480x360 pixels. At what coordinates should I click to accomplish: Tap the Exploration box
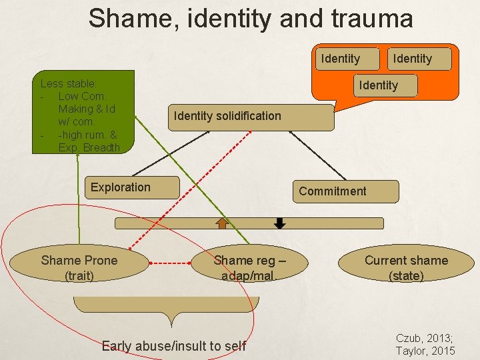click(134, 187)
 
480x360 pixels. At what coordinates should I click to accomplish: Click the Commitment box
click(345, 191)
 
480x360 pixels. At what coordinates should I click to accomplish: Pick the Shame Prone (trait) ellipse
click(79, 267)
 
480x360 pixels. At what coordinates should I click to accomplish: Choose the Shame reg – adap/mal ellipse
click(249, 267)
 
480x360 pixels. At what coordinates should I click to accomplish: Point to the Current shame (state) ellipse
click(406, 267)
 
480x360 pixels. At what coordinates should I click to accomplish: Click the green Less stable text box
click(86, 112)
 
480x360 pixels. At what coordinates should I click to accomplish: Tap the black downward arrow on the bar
click(280, 223)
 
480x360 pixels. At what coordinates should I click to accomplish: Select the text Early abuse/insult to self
click(173, 345)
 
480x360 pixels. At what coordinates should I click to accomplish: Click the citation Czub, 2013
click(425, 338)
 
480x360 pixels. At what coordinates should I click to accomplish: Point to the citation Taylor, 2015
click(425, 351)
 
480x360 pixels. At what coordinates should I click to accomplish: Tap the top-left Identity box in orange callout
click(340, 59)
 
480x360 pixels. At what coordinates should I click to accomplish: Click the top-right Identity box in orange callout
click(412, 59)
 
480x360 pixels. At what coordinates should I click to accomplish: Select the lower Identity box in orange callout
click(378, 85)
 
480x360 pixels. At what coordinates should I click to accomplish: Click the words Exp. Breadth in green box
click(89, 147)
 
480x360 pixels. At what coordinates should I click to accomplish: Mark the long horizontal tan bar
click(249, 223)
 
